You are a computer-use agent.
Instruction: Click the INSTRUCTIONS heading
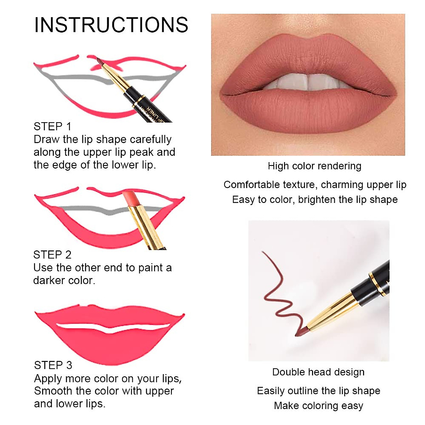point(111,25)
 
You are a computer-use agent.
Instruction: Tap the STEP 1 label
point(52,126)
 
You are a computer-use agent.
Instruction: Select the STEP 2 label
point(52,255)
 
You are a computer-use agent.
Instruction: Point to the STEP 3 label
point(53,365)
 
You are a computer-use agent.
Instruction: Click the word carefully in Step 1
point(150,140)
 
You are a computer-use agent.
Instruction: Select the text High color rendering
point(314,166)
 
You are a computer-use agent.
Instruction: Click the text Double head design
point(318,372)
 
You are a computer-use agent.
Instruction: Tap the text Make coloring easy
point(318,406)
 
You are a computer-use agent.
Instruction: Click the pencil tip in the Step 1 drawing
point(99,61)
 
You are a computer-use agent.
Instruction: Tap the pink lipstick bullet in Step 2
point(130,199)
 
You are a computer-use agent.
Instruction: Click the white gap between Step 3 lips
point(110,328)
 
